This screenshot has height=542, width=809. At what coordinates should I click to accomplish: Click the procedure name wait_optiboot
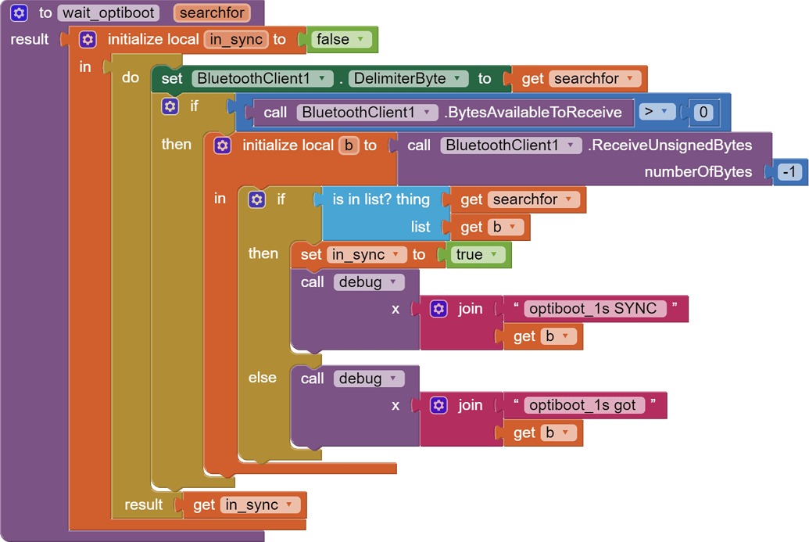point(108,13)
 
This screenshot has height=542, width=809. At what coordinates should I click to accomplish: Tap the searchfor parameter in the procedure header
point(211,13)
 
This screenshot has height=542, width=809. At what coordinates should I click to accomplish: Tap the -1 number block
point(790,172)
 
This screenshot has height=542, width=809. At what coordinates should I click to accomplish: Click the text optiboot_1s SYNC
point(592,308)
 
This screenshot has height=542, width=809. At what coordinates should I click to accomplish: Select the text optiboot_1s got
point(582,405)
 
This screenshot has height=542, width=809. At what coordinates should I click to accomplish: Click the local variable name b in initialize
point(349,145)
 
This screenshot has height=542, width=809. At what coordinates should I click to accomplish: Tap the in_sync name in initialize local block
point(236,39)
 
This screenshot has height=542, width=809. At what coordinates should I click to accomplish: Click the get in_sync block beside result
point(245,505)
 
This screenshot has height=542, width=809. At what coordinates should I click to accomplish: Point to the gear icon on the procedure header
point(20,13)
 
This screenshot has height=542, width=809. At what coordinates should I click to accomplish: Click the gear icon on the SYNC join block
point(439,309)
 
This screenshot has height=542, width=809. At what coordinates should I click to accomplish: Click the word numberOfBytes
point(698,172)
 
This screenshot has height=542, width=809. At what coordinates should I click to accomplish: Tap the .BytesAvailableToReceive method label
point(533,113)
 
